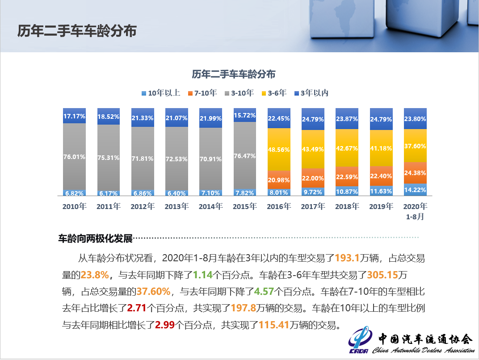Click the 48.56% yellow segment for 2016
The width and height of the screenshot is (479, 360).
279,149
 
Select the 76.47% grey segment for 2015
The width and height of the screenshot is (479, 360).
245,155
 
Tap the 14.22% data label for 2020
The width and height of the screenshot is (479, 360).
415,190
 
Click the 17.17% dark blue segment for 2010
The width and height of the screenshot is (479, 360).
74,116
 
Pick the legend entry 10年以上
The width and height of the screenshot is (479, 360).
160,93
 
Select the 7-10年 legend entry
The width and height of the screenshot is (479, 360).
202,93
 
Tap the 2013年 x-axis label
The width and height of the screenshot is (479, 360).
176,206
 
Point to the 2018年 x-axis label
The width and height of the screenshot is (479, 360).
347,206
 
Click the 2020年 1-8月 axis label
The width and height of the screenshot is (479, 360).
415,211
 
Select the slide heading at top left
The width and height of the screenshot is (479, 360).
77,31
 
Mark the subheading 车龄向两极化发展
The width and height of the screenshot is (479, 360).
96,239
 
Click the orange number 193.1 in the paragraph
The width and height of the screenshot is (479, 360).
347,258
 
